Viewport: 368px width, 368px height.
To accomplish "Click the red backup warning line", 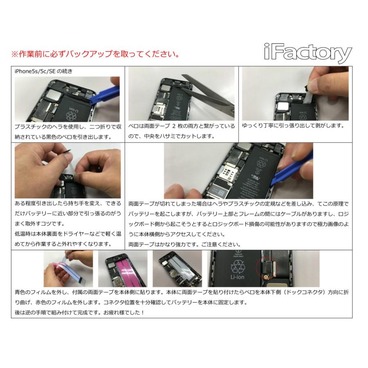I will click(x=95, y=54).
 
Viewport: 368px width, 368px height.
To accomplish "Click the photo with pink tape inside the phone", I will click(x=123, y=268).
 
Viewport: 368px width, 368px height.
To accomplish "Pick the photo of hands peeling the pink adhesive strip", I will click(x=68, y=268).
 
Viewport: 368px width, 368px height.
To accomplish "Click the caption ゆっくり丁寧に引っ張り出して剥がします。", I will click(x=294, y=126).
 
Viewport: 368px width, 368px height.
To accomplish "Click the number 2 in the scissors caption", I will click(x=174, y=126).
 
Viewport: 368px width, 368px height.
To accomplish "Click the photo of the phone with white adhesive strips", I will click(x=177, y=268).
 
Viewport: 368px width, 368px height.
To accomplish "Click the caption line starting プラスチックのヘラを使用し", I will click(x=67, y=127).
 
